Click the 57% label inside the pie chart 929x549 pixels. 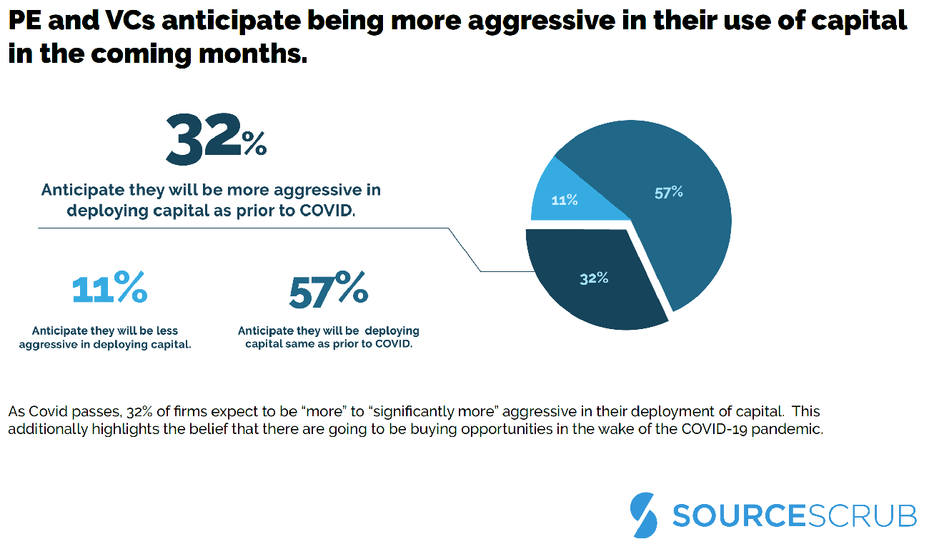click(668, 192)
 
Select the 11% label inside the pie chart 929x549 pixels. click(565, 201)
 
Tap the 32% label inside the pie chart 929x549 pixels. click(594, 278)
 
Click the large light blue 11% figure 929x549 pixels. click(110, 288)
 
